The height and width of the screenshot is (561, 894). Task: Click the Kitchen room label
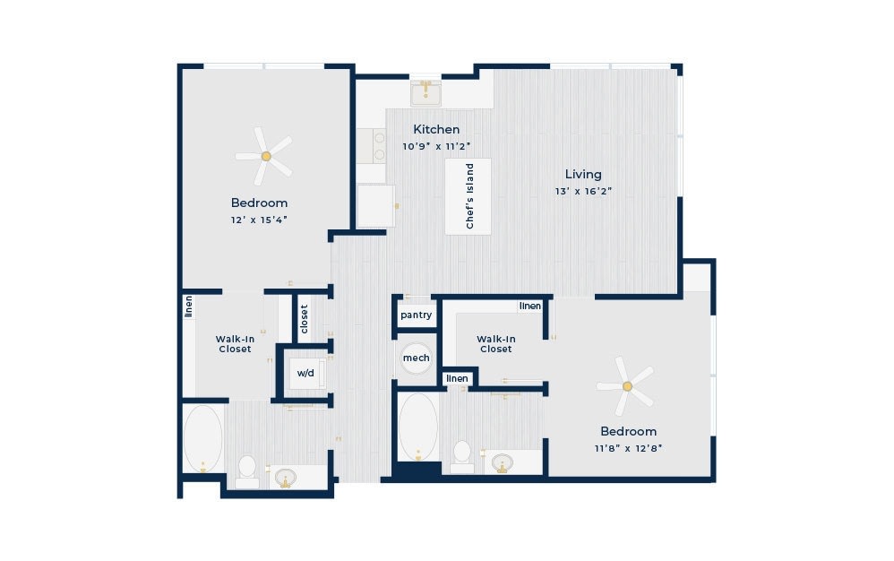[436, 129]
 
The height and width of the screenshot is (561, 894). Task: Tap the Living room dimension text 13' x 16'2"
[583, 192]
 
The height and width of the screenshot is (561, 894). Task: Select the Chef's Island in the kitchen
[468, 196]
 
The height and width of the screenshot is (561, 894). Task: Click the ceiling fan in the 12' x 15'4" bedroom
[264, 156]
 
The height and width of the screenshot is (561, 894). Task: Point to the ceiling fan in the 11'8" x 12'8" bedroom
[626, 386]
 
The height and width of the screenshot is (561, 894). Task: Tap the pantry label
[417, 315]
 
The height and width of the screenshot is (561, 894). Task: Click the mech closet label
[417, 358]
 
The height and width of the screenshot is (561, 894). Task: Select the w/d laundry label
[305, 374]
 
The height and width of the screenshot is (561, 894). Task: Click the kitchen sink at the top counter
[426, 93]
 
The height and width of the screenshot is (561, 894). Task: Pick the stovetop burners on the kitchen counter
[379, 145]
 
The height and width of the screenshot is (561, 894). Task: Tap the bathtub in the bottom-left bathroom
[203, 439]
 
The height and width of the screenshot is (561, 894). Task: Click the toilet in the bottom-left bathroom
[247, 471]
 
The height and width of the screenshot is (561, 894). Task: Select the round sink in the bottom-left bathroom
[285, 477]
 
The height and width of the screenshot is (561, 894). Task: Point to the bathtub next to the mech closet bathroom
[418, 427]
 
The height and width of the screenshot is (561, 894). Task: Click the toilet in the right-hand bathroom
[462, 457]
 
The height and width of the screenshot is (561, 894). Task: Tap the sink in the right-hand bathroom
[502, 462]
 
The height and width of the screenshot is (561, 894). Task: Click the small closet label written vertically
[304, 319]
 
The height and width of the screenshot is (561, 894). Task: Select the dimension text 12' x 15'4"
[259, 220]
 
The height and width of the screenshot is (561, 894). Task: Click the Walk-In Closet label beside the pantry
[496, 344]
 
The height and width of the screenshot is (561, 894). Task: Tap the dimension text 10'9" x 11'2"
[436, 146]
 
